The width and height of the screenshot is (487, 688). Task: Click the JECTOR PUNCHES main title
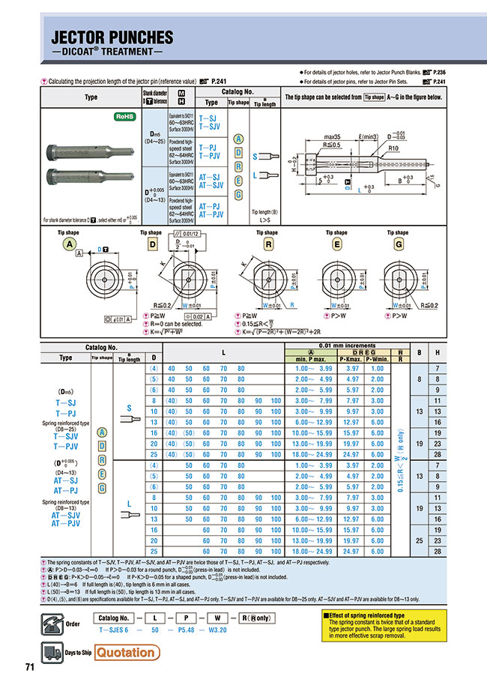[x=112, y=37]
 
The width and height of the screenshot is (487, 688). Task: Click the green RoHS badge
[x=124, y=117]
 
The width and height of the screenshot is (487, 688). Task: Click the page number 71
[x=30, y=668]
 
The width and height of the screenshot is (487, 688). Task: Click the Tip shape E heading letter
[x=331, y=244]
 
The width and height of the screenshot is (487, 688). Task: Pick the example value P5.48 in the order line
[x=197, y=631]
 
